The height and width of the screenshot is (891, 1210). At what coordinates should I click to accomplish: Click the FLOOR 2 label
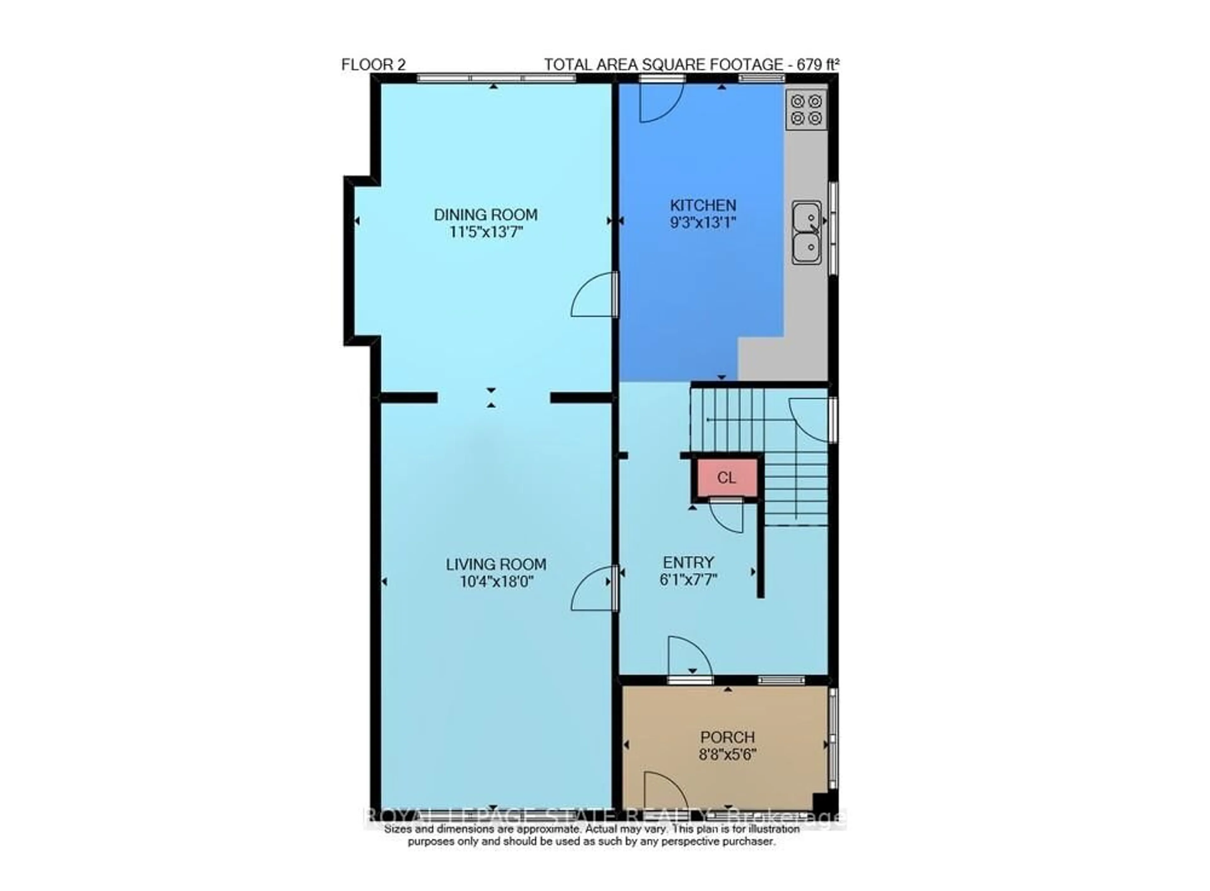pyautogui.click(x=373, y=65)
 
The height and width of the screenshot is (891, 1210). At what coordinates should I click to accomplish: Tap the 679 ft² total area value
pyautogui.click(x=818, y=65)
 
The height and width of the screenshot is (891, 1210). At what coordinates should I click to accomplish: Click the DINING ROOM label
pyautogui.click(x=485, y=215)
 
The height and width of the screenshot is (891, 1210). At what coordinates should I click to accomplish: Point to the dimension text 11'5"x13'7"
pyautogui.click(x=485, y=232)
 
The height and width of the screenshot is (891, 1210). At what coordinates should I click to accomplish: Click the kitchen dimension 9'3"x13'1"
pyautogui.click(x=703, y=222)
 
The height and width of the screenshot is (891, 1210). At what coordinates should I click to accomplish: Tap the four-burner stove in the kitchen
pyautogui.click(x=806, y=110)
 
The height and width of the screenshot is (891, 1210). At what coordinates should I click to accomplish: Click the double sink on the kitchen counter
pyautogui.click(x=806, y=232)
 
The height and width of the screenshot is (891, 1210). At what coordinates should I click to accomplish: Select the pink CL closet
pyautogui.click(x=726, y=477)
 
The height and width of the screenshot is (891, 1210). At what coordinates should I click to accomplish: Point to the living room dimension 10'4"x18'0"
pyautogui.click(x=497, y=582)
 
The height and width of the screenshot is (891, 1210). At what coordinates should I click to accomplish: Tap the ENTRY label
pyautogui.click(x=688, y=563)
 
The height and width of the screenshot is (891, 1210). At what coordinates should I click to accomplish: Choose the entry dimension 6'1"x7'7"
pyautogui.click(x=688, y=580)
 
